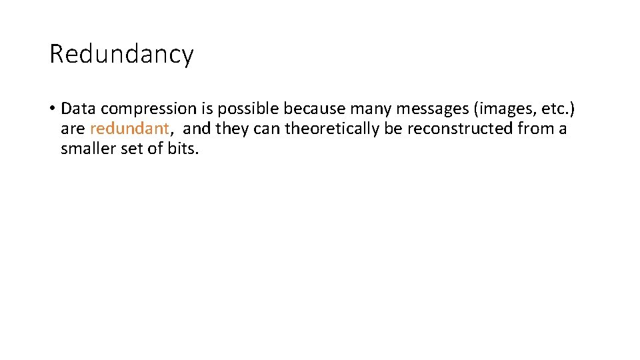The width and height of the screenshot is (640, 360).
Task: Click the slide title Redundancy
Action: (x=121, y=53)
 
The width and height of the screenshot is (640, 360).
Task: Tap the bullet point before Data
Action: (x=52, y=109)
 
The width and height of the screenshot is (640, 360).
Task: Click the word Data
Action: (x=79, y=109)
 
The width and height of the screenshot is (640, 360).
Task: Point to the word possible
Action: (x=248, y=109)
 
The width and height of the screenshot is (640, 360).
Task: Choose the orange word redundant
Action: (x=129, y=129)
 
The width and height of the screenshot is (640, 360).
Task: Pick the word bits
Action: (x=183, y=149)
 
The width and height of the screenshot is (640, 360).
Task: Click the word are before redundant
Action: (x=73, y=129)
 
